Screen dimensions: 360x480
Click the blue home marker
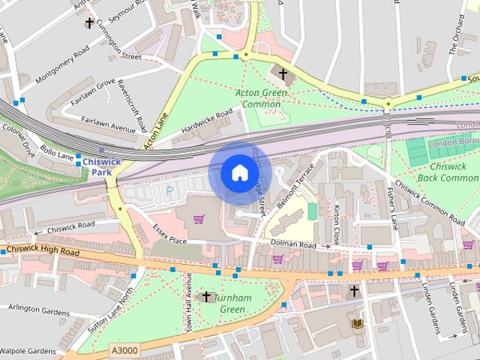[x=238, y=173]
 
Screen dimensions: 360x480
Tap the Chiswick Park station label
[x=96, y=166]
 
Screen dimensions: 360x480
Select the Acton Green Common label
[x=262, y=98]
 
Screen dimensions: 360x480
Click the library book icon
[x=357, y=323]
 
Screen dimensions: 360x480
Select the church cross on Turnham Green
[x=206, y=296]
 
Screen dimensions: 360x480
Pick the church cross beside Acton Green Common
[x=283, y=73]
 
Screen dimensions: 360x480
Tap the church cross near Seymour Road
[x=89, y=22]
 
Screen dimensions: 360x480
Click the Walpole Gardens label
[x=28, y=350]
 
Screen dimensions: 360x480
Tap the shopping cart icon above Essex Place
[x=199, y=219]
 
